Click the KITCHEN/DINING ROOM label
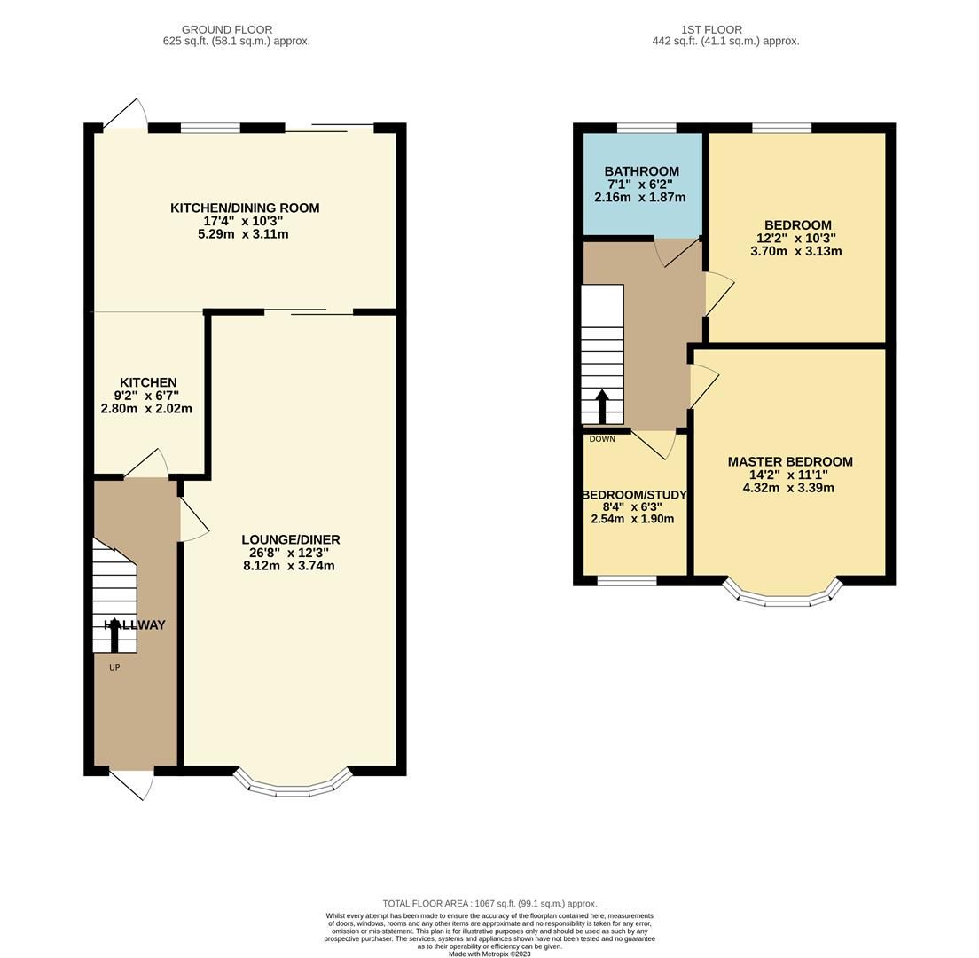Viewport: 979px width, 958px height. click(245, 208)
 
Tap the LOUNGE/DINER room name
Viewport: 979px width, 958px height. click(291, 539)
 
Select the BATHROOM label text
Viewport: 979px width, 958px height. click(641, 171)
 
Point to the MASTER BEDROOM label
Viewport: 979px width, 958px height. click(789, 461)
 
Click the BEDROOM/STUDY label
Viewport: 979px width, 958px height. click(634, 495)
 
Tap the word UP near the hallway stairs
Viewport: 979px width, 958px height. click(114, 668)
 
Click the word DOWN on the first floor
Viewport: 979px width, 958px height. click(601, 439)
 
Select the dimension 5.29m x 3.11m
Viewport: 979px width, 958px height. click(243, 234)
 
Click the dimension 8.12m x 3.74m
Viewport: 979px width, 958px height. click(289, 566)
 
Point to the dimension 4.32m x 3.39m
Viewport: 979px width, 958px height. click(788, 488)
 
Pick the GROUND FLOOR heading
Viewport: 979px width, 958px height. click(227, 29)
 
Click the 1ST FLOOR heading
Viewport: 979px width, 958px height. click(712, 29)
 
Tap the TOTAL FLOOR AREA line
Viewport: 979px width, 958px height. click(489, 903)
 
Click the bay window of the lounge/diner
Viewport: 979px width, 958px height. click(293, 786)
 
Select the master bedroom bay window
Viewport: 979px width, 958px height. click(781, 596)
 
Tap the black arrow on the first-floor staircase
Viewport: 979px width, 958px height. click(601, 406)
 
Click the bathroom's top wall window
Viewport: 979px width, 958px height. click(646, 128)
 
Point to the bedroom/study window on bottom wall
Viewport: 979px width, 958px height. click(626, 581)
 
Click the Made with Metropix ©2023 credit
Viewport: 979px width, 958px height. click(489, 954)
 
